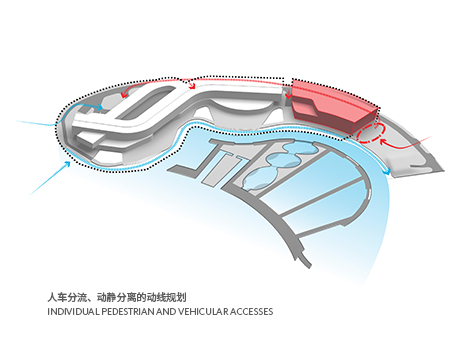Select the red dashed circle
click(x=370, y=134)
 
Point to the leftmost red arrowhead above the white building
click(x=124, y=94)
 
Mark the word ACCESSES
click(x=252, y=312)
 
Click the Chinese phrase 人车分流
click(x=67, y=297)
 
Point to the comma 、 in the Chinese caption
click(x=94, y=299)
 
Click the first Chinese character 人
click(x=52, y=297)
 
